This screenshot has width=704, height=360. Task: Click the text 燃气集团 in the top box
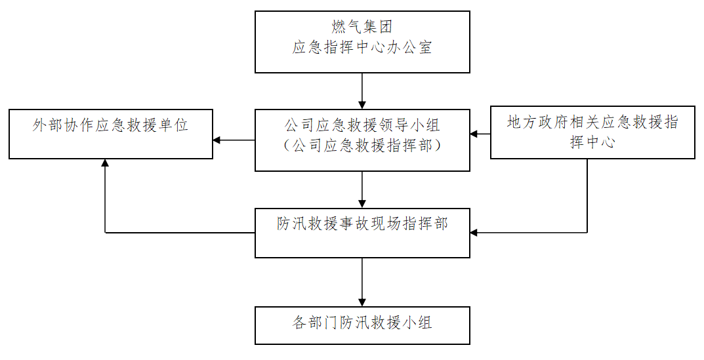[362, 27]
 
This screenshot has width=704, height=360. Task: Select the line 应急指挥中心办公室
[362, 48]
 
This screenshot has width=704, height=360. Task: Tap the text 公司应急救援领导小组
[362, 124]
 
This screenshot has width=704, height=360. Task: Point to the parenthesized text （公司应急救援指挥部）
[362, 146]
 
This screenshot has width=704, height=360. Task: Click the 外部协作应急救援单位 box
[110, 134]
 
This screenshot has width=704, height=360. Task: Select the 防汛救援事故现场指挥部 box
[362, 233]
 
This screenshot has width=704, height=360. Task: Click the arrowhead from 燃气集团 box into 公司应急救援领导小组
[362, 104]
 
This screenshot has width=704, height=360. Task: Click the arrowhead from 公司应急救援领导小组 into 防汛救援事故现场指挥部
[362, 204]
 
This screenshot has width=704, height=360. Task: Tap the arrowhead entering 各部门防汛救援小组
[362, 302]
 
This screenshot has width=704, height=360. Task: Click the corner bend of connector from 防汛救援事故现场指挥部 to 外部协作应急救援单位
[105, 233]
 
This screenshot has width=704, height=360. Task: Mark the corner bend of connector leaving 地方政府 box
[587, 233]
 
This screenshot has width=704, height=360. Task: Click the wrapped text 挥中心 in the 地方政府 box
[592, 143]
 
